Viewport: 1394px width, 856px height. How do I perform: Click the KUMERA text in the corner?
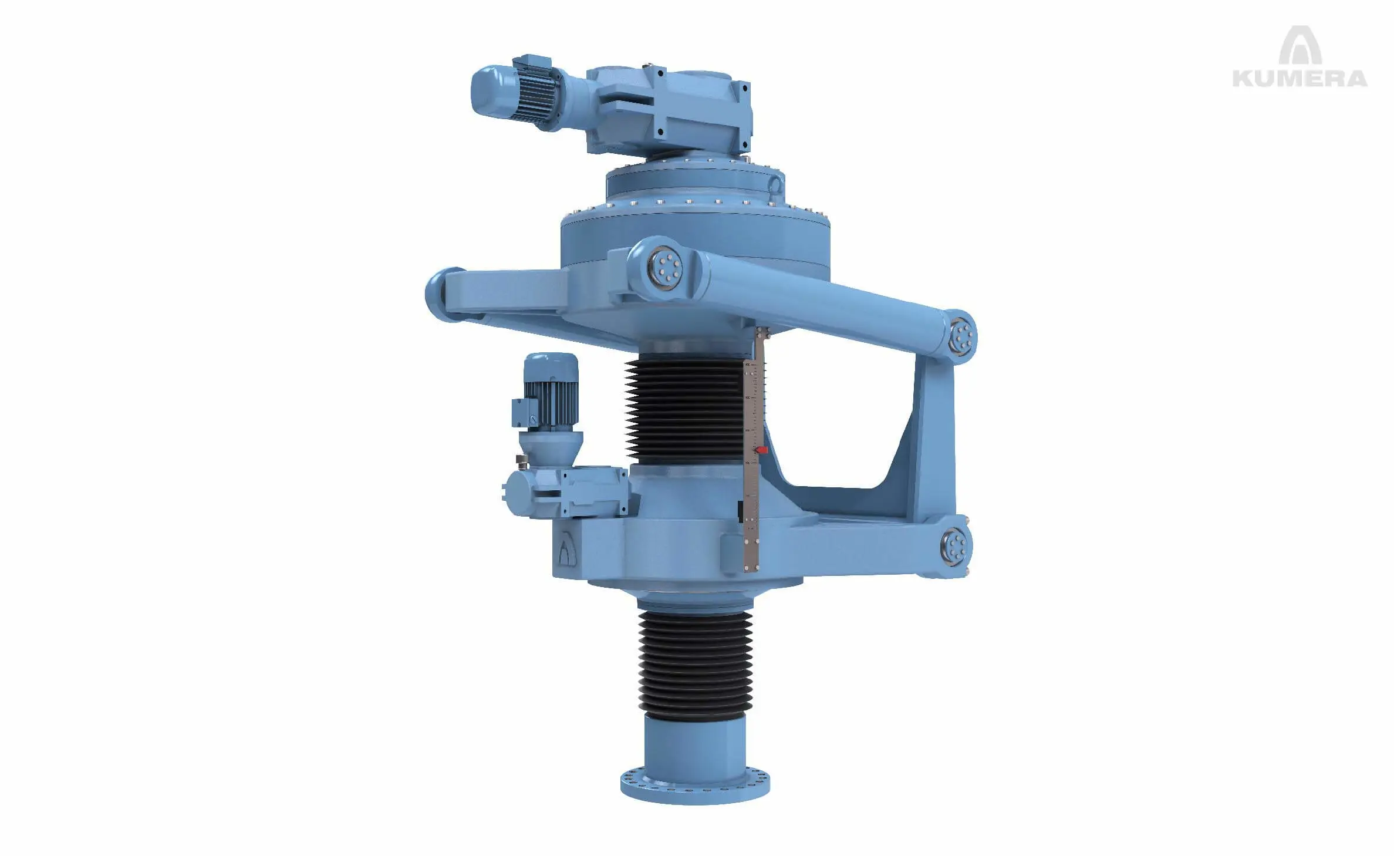[1300, 78]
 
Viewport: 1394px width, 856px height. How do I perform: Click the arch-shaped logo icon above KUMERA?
[1300, 45]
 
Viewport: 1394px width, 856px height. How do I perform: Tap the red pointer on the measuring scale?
[761, 450]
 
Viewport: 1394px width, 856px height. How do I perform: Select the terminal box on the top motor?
[532, 62]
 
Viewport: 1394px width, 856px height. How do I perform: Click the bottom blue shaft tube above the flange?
[695, 743]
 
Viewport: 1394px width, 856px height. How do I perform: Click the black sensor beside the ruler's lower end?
[741, 511]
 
